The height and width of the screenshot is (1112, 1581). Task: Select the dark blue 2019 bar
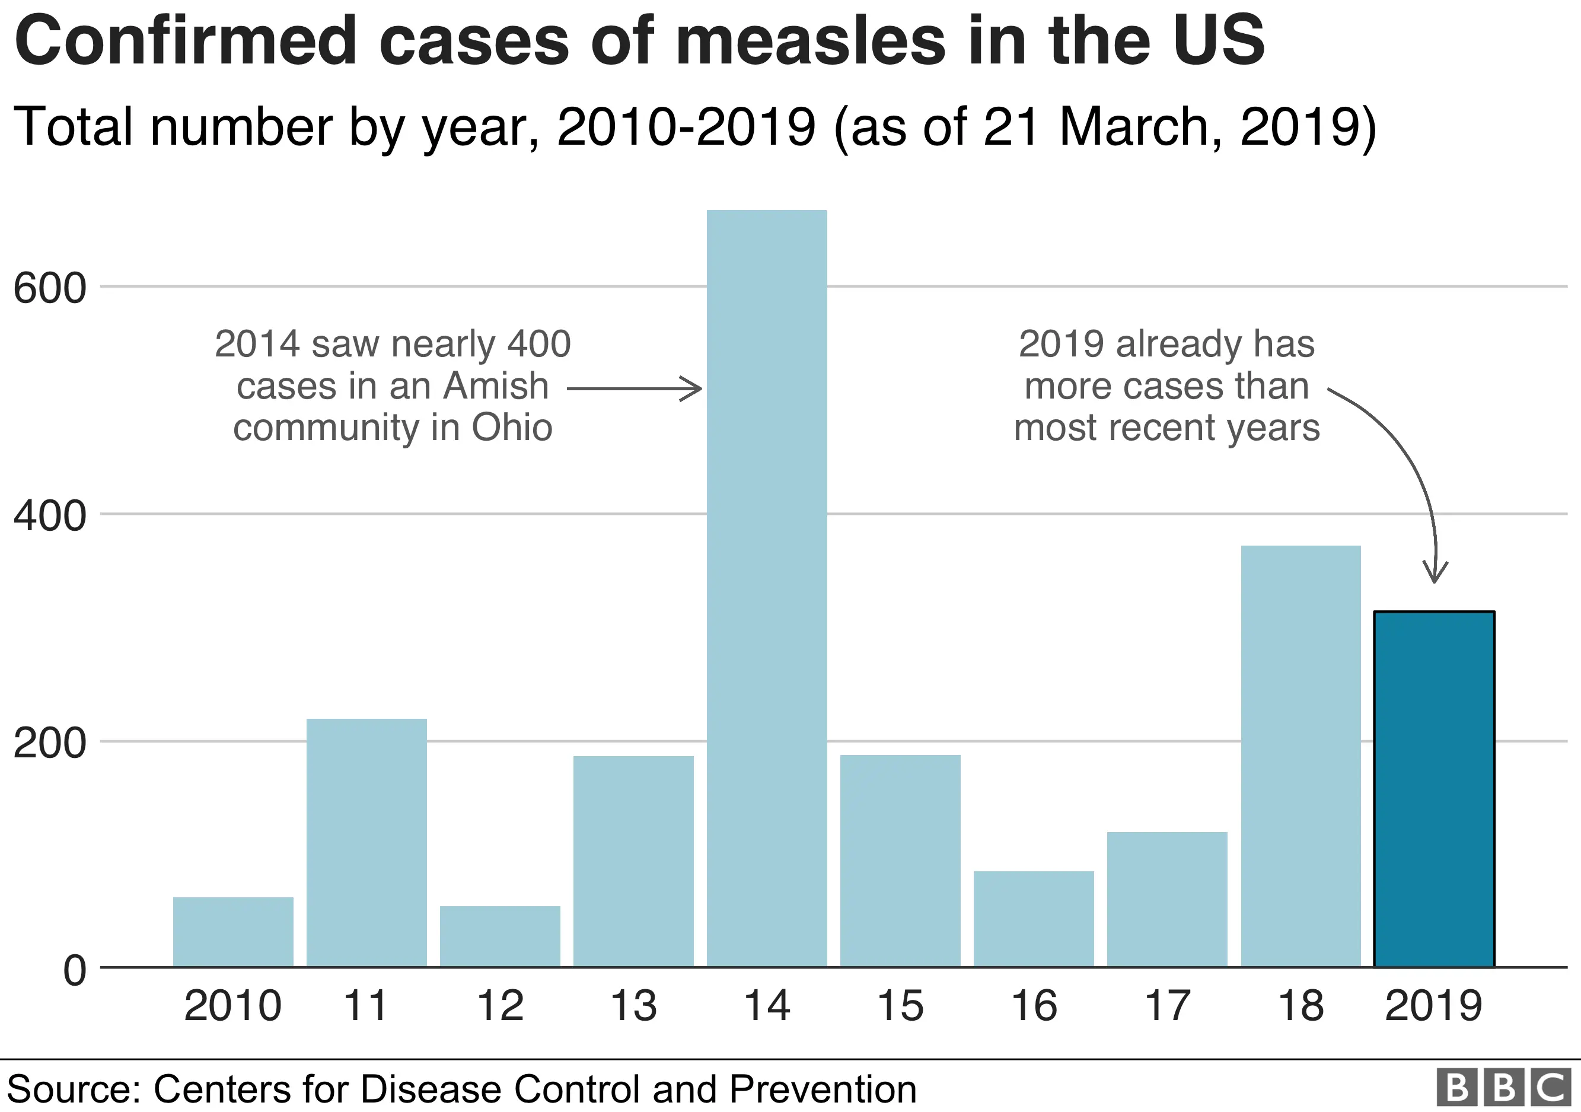pos(1434,788)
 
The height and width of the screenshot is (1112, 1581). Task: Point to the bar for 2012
pos(500,936)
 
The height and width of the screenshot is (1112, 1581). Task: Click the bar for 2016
pos(1034,919)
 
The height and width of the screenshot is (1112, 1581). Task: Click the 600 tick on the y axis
pos(50,288)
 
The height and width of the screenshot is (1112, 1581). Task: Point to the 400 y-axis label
pos(50,516)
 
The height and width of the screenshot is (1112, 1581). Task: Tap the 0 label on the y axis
pos(74,970)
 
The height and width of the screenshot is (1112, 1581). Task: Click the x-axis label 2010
pos(232,1006)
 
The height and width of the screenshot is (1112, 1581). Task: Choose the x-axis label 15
pos(900,1006)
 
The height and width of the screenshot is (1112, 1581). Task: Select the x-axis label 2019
pos(1434,1006)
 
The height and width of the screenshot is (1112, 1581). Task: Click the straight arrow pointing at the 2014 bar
pos(633,389)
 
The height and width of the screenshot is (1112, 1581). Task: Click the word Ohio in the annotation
pos(512,428)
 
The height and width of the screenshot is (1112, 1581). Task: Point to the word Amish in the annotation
pos(496,385)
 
